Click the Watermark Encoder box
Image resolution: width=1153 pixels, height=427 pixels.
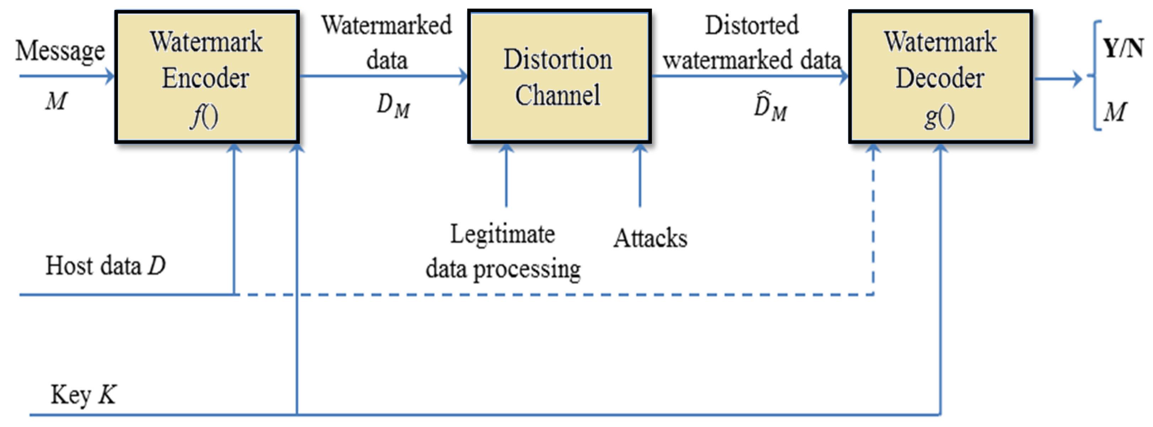[207, 76]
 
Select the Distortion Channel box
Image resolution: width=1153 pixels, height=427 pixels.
[559, 76]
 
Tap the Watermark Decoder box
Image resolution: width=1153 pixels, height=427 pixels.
[940, 76]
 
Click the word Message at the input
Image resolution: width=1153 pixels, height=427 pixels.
[60, 51]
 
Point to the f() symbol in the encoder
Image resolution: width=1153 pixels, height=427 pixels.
[204, 117]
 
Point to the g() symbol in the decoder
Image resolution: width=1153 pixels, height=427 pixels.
[939, 117]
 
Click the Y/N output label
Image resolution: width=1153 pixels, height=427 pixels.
[1122, 48]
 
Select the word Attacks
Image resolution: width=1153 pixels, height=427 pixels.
[650, 238]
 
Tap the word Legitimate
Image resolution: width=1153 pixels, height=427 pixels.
[502, 234]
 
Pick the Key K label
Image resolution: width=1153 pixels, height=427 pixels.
[83, 395]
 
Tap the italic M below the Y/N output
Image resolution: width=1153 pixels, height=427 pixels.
[1115, 112]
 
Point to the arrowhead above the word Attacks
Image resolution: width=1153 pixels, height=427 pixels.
[640, 148]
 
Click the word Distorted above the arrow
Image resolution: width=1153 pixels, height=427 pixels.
[752, 25]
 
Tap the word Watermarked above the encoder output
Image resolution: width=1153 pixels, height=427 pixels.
[387, 25]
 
